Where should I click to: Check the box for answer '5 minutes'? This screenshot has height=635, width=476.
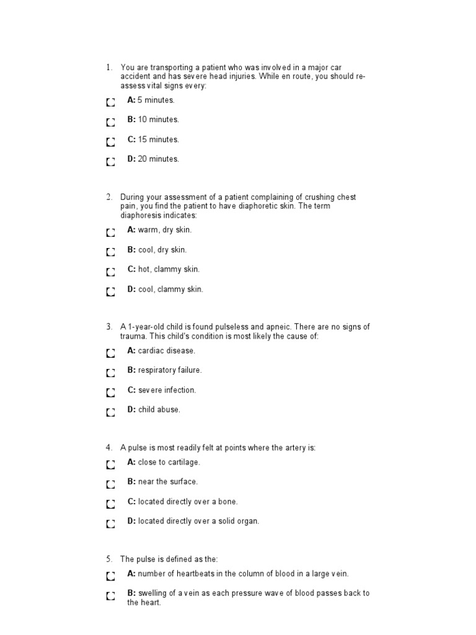coord(110,102)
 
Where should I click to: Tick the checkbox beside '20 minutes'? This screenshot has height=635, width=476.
coord(110,162)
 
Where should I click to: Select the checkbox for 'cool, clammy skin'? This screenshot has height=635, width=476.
coord(110,291)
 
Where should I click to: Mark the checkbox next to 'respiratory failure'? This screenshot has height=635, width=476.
coord(110,373)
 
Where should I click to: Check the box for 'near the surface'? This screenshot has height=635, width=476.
coord(110,484)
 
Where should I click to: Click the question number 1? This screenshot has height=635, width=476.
coord(108,68)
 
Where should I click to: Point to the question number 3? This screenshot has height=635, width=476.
coord(108,327)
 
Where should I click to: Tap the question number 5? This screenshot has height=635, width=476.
coord(108,559)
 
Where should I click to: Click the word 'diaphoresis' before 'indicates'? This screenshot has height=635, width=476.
coord(141,215)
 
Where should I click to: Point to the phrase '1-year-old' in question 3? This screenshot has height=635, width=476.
coord(148,327)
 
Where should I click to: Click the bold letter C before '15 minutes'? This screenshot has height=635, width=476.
coord(131,140)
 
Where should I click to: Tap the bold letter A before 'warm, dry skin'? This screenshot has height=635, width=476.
coord(131,229)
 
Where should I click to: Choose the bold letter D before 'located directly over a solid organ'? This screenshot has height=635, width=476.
coord(131,521)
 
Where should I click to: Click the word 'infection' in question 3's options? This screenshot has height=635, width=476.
coord(180,390)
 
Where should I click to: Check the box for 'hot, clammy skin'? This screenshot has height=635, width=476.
coord(110,272)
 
